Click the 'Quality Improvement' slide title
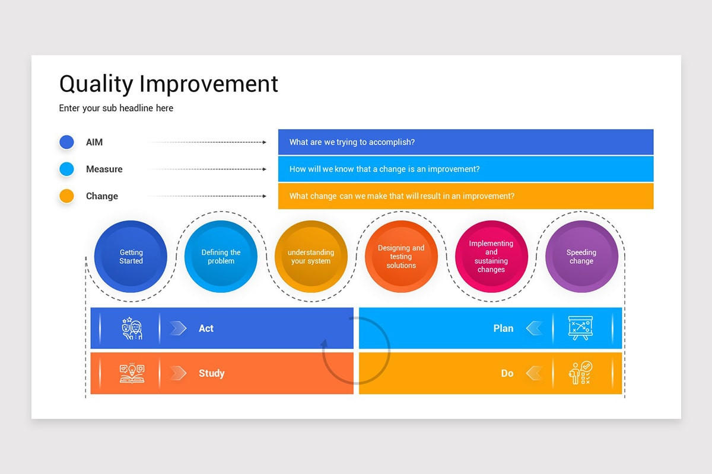pos(169,84)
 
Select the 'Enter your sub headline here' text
pos(116,108)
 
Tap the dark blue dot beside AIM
pos(66,142)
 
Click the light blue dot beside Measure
pos(66,169)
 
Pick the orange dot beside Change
pos(66,196)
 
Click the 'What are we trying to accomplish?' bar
pos(465,142)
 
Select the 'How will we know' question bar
pos(465,169)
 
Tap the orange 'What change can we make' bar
pos(465,196)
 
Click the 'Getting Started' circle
pos(131,257)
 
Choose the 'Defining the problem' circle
pos(221,257)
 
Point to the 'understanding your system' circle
pos(311,257)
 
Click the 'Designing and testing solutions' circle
pos(401,257)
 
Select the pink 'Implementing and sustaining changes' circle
pos(491,257)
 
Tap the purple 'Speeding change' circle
pos(581,257)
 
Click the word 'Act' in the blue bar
pos(206,328)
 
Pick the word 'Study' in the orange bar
pos(211,373)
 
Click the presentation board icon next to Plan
pos(580,328)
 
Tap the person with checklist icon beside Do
pos(580,373)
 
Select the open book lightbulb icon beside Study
pos(132,373)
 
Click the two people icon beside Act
pos(132,328)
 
